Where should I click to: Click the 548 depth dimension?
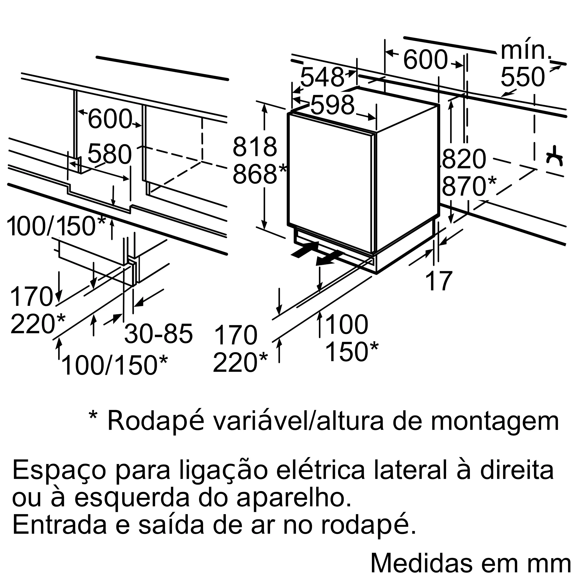pos(322,77)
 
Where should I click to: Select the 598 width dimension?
pos(332,105)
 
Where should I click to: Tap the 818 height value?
pos(255,147)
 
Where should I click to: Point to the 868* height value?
pos(259,174)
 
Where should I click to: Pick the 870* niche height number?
pos(469,186)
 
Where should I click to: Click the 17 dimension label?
pos(439,281)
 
